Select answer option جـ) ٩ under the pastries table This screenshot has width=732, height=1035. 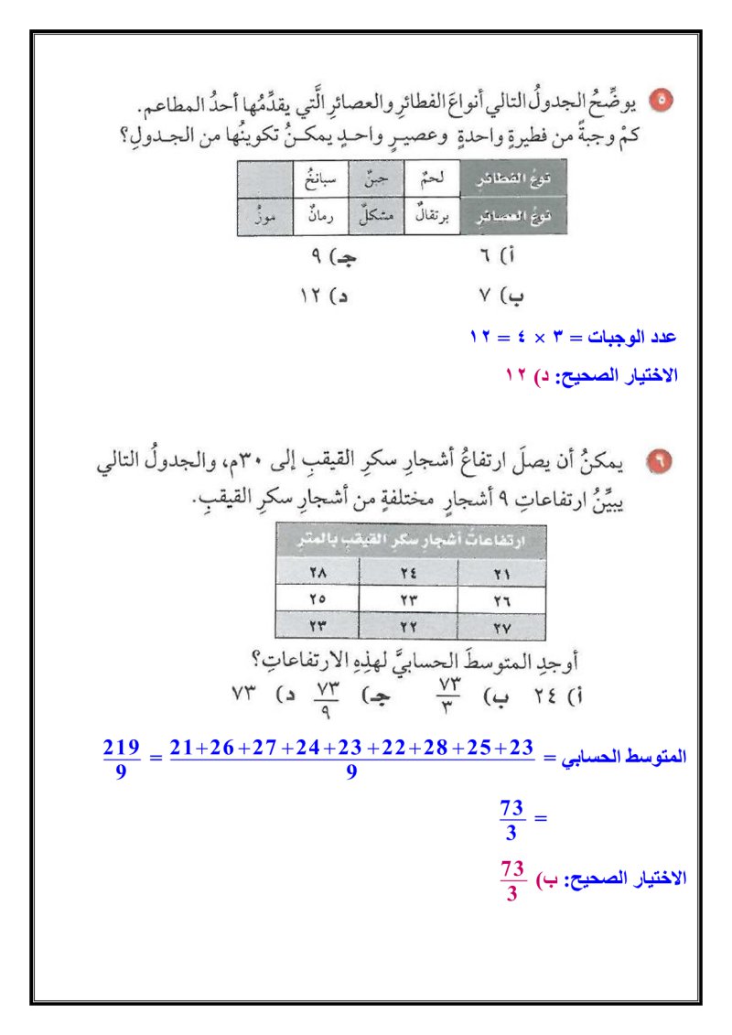coord(333,259)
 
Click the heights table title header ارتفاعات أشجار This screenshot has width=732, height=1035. coord(411,541)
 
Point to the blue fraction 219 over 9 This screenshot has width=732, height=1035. coord(121,758)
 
